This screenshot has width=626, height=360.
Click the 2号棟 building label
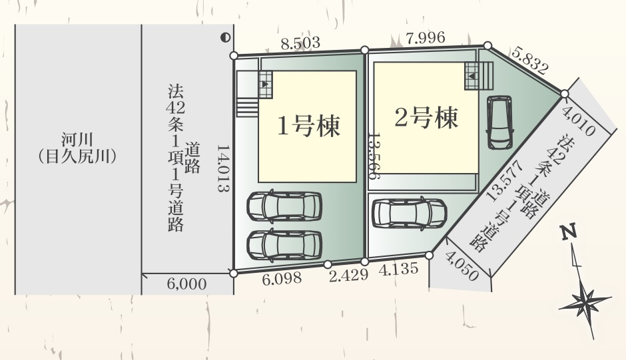426,119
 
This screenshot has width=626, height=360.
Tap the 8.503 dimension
300,43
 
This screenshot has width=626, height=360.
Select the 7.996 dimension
424,38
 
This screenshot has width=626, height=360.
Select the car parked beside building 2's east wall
499,122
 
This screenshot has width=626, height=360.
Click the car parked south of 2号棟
409,213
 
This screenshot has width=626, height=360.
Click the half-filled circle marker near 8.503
226,38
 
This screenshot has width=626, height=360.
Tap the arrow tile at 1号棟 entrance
266,85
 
